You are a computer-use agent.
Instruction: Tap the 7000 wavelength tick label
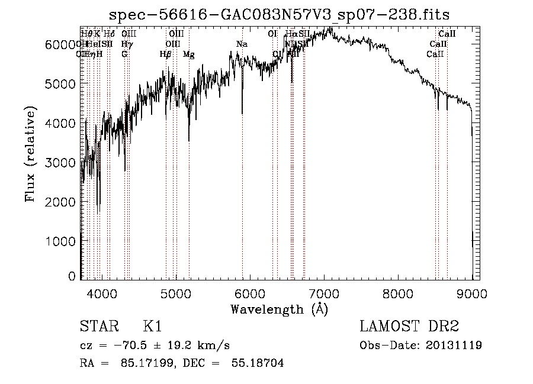point(324,292)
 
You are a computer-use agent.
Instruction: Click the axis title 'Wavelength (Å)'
point(279,309)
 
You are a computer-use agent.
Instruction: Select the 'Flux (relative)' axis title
point(30,154)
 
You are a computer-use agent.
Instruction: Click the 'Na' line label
point(242,44)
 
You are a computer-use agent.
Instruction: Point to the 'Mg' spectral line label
point(188,54)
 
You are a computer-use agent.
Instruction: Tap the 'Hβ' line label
point(166,54)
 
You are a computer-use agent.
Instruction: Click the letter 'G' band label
point(124,54)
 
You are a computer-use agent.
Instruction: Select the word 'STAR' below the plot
point(98,327)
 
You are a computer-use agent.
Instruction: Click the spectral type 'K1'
point(152,327)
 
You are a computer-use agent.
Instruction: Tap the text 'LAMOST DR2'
point(409,327)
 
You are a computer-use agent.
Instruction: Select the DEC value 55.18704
point(260,363)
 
